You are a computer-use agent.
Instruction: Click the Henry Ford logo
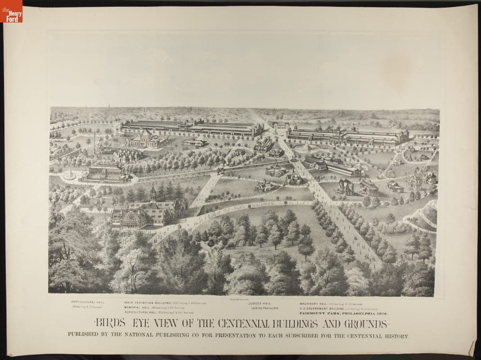click(11, 11)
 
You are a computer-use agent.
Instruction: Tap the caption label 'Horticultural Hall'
click(87, 302)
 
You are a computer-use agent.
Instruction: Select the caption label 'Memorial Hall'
click(137, 308)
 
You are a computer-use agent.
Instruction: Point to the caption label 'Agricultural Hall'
click(140, 313)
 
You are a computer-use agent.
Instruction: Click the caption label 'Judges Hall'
click(260, 303)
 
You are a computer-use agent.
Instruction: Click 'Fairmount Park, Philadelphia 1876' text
click(343, 313)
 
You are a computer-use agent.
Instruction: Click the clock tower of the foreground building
click(153, 194)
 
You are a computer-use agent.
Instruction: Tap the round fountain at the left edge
click(69, 175)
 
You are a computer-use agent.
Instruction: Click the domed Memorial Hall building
click(147, 139)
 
